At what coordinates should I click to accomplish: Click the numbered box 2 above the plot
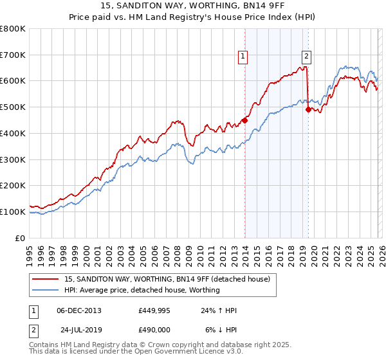306,57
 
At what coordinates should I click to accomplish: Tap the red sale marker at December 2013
245,120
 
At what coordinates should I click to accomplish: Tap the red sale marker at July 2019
308,109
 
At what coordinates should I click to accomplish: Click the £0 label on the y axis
20,238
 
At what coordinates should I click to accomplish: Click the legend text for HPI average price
142,290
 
